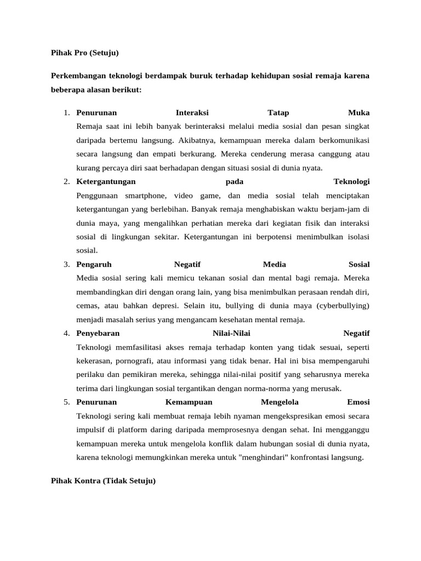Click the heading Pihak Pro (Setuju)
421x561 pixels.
[84, 53]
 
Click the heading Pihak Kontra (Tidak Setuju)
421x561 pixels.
[103, 481]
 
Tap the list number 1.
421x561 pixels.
[66, 113]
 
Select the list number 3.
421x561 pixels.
[66, 265]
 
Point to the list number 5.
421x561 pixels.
[66, 402]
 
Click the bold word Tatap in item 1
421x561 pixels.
[278, 113]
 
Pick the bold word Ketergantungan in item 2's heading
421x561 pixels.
[106, 181]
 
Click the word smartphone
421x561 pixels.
[145, 195]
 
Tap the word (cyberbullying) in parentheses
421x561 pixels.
[340, 306]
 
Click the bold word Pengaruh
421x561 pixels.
[94, 265]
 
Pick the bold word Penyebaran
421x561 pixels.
[98, 333]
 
